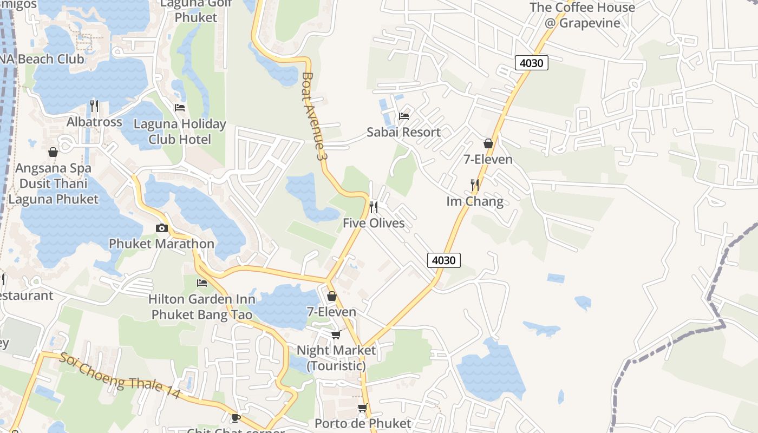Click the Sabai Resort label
403,132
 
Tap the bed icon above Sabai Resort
404,116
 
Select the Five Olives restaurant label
374,223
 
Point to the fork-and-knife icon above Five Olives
373,207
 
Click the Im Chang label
475,202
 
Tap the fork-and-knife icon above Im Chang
475,185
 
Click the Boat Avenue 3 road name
316,116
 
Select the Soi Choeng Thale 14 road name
120,376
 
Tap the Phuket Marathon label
162,244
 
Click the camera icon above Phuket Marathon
162,228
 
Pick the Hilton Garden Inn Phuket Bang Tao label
202,306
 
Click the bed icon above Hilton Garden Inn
202,283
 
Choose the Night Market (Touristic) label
336,358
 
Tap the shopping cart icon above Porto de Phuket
362,408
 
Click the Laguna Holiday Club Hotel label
180,132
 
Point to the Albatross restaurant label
94,122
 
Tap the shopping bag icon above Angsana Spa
53,153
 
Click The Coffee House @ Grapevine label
582,15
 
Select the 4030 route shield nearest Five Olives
444,260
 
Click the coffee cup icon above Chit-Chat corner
236,418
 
